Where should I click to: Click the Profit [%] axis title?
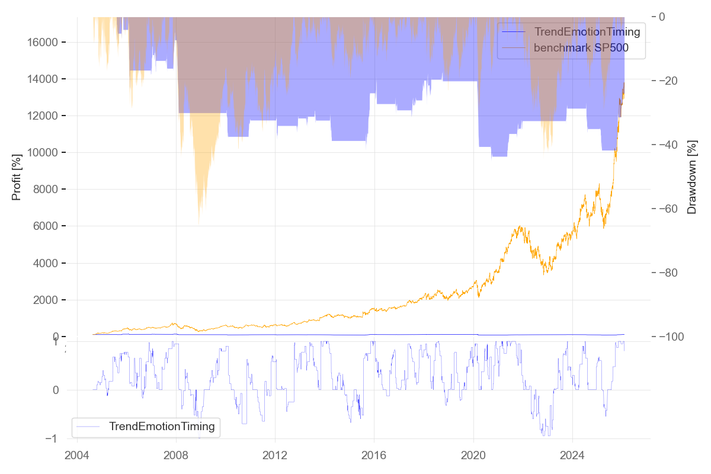pos(17,177)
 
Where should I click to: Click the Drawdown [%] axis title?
pos(691,177)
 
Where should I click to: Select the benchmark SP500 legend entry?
pos(581,49)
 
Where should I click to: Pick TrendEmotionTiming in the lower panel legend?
pos(161,426)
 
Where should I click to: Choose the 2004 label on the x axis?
pos(77,456)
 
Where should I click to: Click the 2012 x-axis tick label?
pos(275,456)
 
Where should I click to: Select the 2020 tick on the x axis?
pos(473,456)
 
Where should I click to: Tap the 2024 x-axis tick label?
pos(572,456)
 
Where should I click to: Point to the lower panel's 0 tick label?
pos(56,390)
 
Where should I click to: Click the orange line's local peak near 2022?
pos(520,226)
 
